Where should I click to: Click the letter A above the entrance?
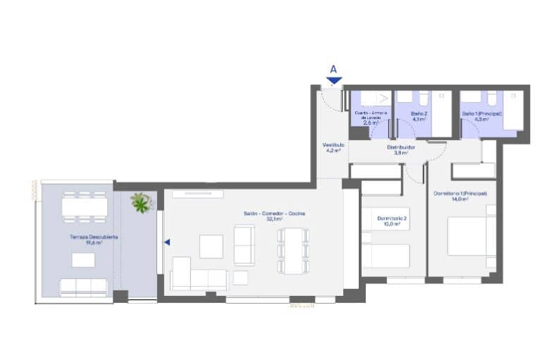333,69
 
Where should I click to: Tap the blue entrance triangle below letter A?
333,80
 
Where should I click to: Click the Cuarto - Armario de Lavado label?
371,116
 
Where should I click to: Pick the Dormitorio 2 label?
393,222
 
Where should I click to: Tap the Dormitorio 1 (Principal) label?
460,196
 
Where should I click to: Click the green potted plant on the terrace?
142,203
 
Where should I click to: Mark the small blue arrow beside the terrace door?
167,242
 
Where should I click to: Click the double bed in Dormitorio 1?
471,236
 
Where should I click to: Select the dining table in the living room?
292,249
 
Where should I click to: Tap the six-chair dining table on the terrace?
85,206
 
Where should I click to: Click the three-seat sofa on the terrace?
83,286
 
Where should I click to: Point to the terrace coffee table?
83,260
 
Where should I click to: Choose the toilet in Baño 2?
423,97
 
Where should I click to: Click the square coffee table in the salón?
211,247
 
